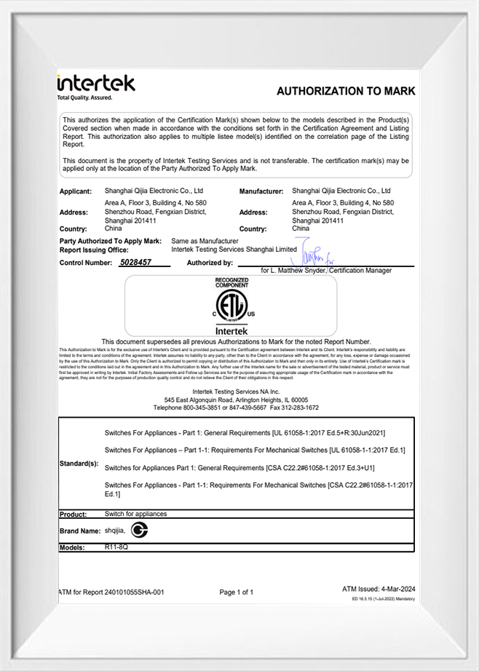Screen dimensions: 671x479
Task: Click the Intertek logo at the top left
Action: (x=96, y=85)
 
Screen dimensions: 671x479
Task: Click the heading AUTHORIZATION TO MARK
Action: (x=346, y=91)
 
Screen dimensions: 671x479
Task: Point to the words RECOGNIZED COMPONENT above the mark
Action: (x=231, y=282)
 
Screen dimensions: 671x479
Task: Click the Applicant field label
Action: (x=75, y=191)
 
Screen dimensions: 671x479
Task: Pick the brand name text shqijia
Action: (x=116, y=531)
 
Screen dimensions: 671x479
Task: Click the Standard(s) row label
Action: (x=79, y=463)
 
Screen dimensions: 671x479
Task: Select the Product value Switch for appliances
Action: (x=135, y=514)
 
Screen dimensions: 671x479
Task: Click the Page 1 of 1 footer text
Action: (x=237, y=592)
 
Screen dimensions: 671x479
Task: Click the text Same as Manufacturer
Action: (x=205, y=240)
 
